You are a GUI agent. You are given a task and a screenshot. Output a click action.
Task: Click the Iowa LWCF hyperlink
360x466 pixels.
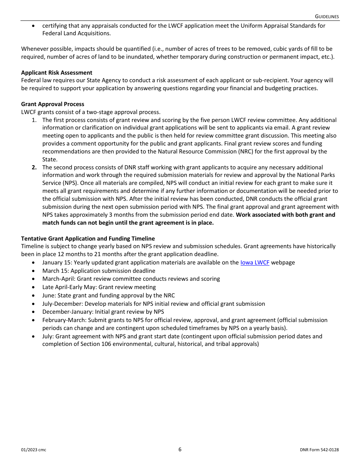click(x=255, y=263)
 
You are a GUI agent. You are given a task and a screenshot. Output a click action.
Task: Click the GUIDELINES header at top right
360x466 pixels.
click(x=327, y=17)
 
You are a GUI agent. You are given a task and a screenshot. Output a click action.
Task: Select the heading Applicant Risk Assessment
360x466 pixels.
click(x=56, y=73)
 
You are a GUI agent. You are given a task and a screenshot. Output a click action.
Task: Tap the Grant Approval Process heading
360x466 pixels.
click(x=53, y=104)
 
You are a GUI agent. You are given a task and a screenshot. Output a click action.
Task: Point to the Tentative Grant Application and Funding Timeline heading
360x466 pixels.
click(x=88, y=239)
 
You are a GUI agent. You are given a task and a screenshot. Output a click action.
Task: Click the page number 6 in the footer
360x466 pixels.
click(x=180, y=450)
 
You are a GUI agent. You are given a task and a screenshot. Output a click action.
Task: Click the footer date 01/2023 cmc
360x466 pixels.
click(x=34, y=450)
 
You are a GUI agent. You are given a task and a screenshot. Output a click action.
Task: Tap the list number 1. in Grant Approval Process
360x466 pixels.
click(x=34, y=120)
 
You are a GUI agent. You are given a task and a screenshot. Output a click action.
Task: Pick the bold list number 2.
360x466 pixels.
click(x=34, y=167)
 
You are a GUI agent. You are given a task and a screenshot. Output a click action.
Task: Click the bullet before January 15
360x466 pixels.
click(x=34, y=263)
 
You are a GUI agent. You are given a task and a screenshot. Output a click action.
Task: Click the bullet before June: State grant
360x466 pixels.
click(x=34, y=296)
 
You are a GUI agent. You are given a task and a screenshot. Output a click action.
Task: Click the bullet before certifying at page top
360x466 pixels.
click(x=34, y=26)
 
